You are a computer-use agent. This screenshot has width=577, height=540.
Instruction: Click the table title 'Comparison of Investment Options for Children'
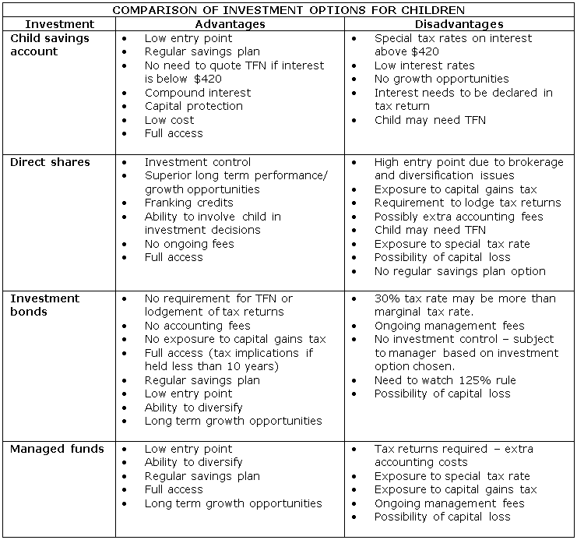tap(289, 10)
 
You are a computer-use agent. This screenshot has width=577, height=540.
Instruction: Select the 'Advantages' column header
tap(230, 24)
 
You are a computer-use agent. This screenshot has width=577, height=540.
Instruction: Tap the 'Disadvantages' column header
tap(461, 24)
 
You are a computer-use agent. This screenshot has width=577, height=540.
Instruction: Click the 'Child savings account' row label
tap(49, 44)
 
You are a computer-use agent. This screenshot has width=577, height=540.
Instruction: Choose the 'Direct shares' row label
tap(50, 162)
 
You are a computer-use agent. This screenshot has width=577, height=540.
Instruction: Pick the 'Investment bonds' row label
tap(44, 305)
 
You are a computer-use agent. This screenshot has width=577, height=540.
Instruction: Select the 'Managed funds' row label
tap(57, 449)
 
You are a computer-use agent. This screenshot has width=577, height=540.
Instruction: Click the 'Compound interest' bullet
tap(198, 93)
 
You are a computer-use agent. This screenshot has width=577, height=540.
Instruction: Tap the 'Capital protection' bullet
tap(193, 106)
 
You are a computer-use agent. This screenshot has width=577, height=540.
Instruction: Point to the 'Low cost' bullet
tap(169, 120)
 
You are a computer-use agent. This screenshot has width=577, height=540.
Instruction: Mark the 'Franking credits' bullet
tap(188, 203)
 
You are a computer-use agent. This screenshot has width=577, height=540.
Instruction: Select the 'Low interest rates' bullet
tap(424, 65)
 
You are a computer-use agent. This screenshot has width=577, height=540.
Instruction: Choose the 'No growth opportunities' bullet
tap(441, 79)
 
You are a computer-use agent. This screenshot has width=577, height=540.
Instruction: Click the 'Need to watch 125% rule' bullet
tap(445, 380)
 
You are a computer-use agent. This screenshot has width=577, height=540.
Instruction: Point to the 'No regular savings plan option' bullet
tap(459, 271)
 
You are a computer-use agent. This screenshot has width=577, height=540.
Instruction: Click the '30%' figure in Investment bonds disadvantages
tap(387, 298)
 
